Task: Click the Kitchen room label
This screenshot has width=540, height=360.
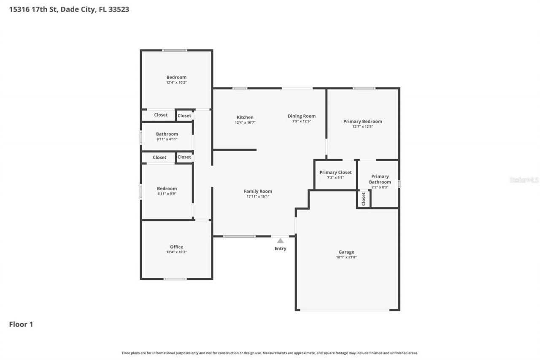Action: (x=245, y=117)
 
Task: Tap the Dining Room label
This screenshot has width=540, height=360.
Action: (x=301, y=116)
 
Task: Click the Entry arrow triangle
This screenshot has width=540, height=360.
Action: (x=280, y=241)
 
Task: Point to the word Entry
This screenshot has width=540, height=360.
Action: (x=280, y=249)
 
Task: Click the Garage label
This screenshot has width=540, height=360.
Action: (x=346, y=252)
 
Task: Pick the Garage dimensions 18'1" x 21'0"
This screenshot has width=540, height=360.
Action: (x=346, y=257)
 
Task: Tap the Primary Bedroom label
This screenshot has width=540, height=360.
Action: (x=362, y=122)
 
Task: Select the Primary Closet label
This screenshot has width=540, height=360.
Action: (x=335, y=172)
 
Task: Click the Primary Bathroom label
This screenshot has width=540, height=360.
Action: (x=380, y=179)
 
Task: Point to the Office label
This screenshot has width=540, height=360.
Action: (x=176, y=247)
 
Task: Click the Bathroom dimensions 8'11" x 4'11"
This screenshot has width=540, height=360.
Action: (x=167, y=139)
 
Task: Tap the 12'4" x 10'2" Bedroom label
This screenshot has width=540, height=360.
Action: (x=176, y=77)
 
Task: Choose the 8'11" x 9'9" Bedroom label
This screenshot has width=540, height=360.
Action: (x=167, y=189)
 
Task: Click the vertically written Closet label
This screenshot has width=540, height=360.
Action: (x=363, y=199)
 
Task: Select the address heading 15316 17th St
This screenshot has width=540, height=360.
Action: (x=69, y=9)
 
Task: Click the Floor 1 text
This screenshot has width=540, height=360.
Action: (x=21, y=324)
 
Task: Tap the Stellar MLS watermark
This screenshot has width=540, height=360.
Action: (x=524, y=180)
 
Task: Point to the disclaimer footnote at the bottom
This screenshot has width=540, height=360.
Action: (x=270, y=353)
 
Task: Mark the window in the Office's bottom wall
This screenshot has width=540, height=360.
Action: (x=175, y=279)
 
